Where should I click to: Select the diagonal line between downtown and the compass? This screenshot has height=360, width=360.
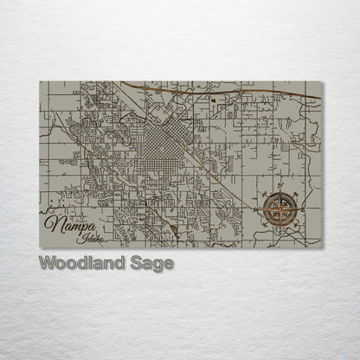(229, 173)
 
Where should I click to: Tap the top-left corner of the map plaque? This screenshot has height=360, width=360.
(40, 81)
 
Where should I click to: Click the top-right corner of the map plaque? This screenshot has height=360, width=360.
(321, 81)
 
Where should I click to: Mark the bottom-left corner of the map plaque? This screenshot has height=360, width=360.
(40, 248)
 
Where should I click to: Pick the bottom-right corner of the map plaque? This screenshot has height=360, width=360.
(321, 248)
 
